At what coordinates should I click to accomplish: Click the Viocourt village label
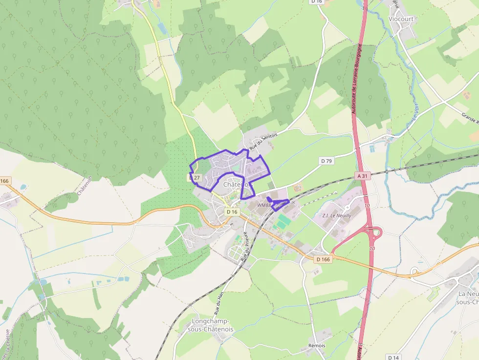pos(401,19)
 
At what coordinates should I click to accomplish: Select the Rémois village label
pos(317,345)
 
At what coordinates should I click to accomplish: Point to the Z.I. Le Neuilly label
pos(337,215)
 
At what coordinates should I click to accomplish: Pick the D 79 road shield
pos(326,161)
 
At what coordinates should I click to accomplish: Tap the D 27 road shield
pos(196,178)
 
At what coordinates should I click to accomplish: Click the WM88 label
pos(264,206)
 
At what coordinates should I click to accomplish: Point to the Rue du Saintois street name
pos(263,141)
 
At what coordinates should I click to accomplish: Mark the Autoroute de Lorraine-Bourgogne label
pos(356,78)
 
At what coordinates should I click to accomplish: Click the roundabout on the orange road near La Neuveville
pos(415,271)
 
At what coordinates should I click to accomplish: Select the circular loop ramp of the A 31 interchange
pos(375,233)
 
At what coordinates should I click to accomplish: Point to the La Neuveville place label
pos(468,297)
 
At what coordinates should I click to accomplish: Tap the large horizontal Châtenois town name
pos(236,185)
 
